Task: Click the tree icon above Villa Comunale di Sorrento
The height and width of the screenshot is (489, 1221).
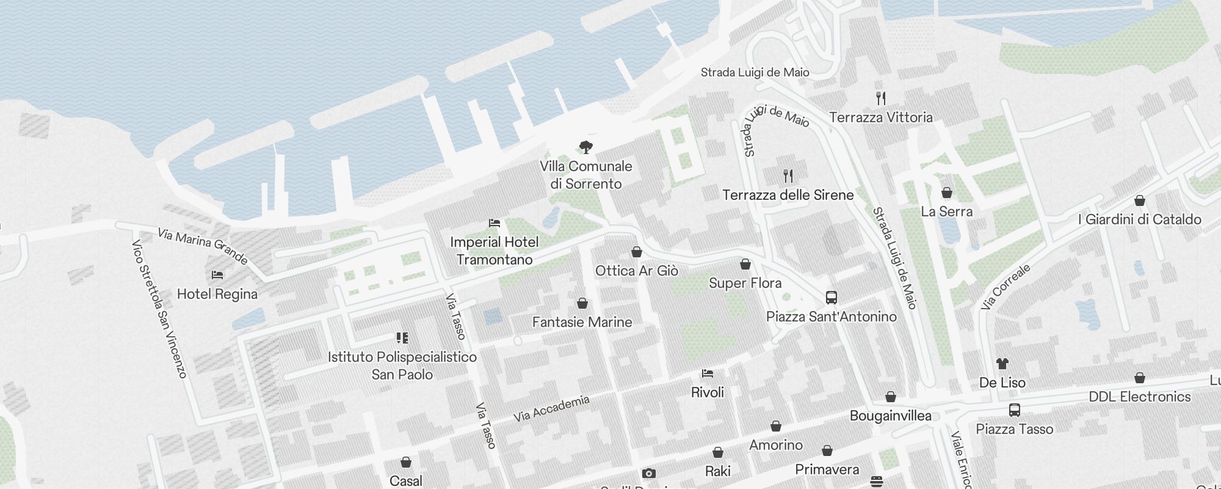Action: coord(586,147)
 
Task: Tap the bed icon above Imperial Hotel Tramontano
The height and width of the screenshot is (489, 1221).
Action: coord(495,223)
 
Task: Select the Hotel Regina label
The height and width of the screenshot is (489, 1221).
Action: coord(217,294)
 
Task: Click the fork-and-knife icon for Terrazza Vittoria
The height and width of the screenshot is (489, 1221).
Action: coord(881,98)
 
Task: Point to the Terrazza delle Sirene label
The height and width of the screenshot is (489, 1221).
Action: coord(788,195)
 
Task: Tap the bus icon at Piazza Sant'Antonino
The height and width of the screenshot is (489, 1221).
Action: coord(831,298)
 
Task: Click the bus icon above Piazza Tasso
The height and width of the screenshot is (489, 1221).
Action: coord(1014,410)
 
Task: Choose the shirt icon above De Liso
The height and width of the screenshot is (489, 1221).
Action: coord(1002,364)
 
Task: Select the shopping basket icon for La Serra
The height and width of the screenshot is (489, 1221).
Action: coord(947,193)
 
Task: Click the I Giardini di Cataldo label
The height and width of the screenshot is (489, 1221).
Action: coord(1139,219)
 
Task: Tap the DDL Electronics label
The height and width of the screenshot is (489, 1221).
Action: coord(1139,397)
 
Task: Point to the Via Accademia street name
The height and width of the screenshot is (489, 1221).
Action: coord(551,408)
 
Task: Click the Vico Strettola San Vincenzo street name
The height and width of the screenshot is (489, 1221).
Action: coord(159,309)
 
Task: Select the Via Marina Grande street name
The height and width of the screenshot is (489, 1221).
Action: coord(203,246)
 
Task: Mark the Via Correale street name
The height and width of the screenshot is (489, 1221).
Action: coord(1005,287)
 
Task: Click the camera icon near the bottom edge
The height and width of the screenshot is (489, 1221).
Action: coord(648,473)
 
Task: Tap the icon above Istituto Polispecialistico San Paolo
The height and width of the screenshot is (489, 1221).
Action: coord(402,337)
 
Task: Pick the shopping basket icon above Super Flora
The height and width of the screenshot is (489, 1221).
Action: coord(745,264)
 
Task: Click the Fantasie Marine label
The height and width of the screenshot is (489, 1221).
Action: coord(582,322)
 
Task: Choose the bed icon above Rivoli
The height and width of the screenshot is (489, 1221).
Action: coord(708,373)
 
